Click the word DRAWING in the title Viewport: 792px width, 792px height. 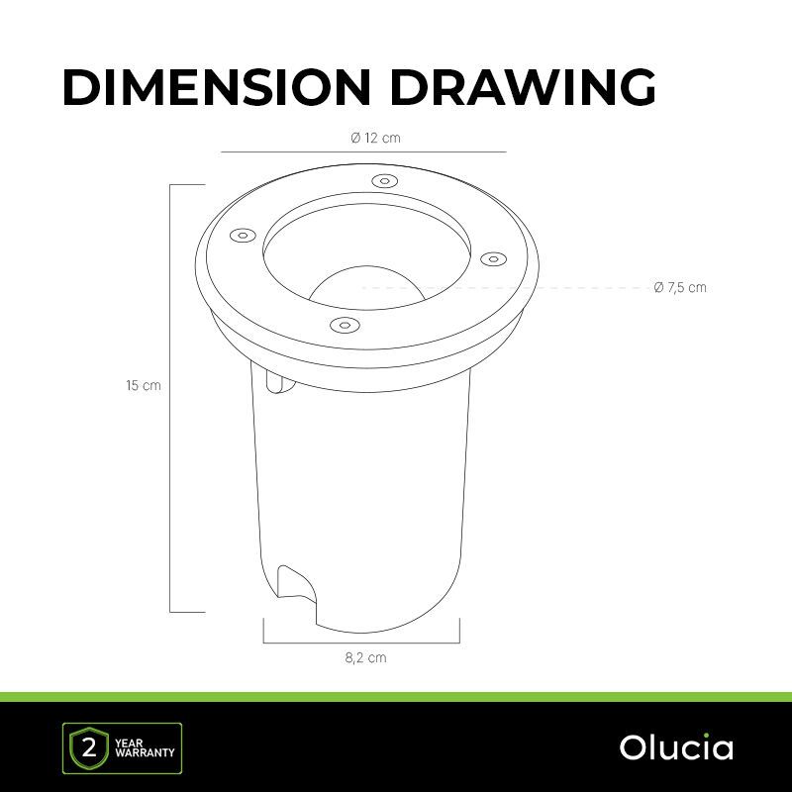(x=523, y=87)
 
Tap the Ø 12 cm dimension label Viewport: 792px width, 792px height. (x=375, y=138)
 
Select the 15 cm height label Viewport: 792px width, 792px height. (x=144, y=386)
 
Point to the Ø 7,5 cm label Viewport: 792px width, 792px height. (x=680, y=287)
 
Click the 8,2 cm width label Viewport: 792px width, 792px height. (x=365, y=657)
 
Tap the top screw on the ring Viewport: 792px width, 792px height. (x=384, y=181)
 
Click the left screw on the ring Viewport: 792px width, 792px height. (x=243, y=236)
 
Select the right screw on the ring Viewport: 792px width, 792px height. (x=493, y=259)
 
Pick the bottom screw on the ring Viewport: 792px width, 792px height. (x=344, y=325)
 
